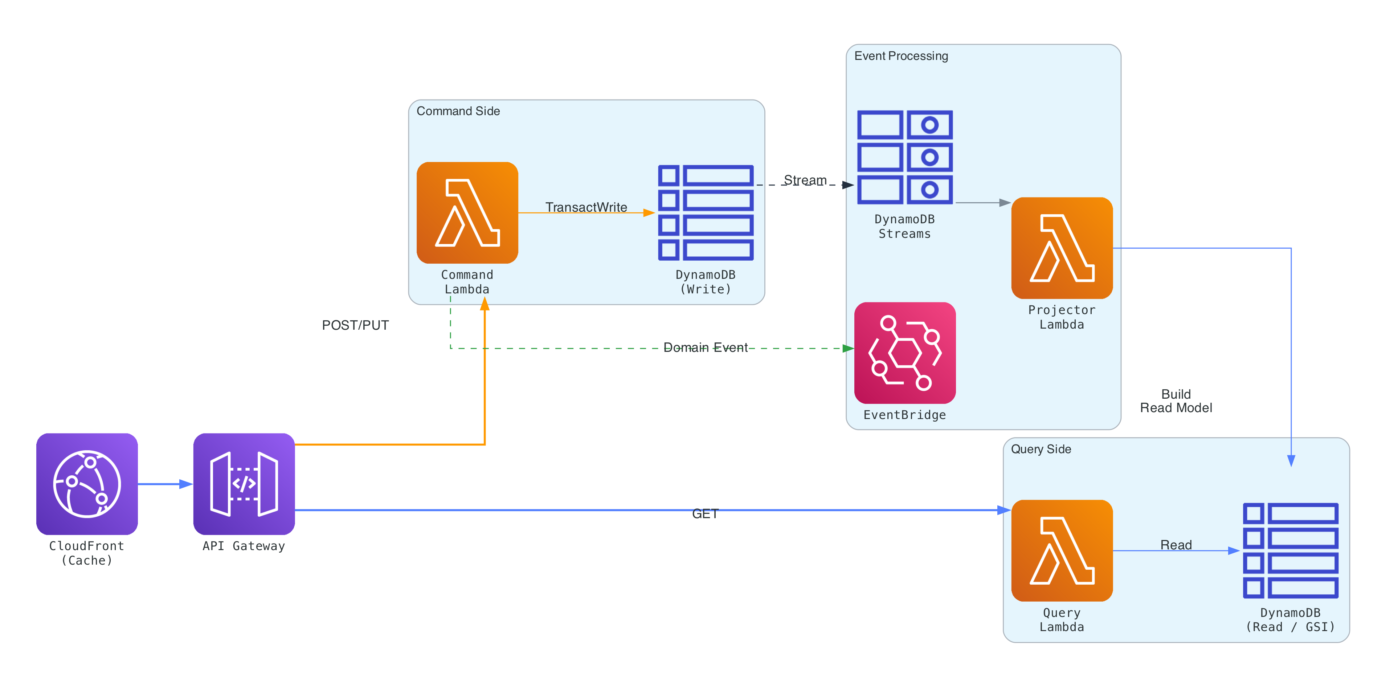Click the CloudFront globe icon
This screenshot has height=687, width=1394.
pyautogui.click(x=87, y=483)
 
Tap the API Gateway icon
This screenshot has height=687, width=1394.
pyautogui.click(x=244, y=483)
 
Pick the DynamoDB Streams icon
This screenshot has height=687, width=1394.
pyautogui.click(x=904, y=157)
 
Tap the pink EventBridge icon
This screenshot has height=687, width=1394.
pyautogui.click(x=904, y=353)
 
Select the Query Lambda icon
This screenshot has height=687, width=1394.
pyautogui.click(x=1061, y=550)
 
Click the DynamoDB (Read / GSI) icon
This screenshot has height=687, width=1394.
pyautogui.click(x=1290, y=550)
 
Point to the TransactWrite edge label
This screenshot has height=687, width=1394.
pyautogui.click(x=586, y=207)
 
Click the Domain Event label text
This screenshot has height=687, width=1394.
pyautogui.click(x=705, y=347)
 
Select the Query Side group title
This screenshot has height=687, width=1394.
pyautogui.click(x=1040, y=449)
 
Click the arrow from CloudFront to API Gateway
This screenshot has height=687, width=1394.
pyautogui.click(x=165, y=483)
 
